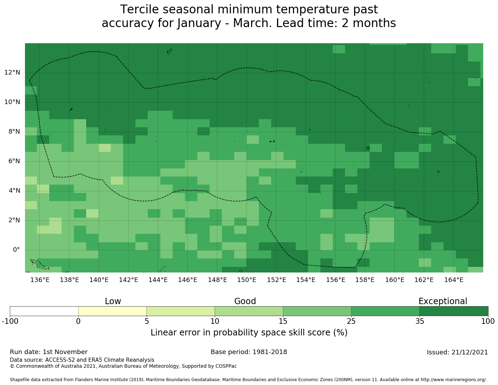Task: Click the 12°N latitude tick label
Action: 12,73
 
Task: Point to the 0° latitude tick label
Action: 16,250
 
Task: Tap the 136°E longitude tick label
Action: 40,280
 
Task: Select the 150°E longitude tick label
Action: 247,280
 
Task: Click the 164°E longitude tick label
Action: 454,280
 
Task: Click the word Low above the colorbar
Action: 113,301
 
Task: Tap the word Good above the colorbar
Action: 245,301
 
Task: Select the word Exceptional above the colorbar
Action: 443,301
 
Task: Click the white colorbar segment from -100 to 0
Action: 44,311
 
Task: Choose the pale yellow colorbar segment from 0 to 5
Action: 112,311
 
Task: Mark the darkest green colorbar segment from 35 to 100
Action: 454,311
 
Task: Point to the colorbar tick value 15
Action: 283,321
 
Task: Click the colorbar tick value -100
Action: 10,321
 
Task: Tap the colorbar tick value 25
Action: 351,321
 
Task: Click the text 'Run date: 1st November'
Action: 49,352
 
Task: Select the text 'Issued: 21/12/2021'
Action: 457,352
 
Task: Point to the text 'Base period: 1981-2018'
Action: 249,352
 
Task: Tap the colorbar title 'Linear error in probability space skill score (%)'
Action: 249,333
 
